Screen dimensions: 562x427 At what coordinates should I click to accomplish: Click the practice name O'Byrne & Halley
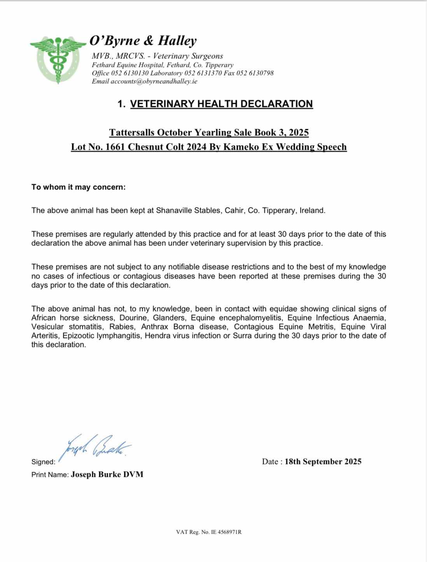point(143,40)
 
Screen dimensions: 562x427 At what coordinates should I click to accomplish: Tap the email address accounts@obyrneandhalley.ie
point(154,81)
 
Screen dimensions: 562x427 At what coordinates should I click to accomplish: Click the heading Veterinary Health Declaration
point(221,104)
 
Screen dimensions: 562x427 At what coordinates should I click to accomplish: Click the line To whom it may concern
point(79,187)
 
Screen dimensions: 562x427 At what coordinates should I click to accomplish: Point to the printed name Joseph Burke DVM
point(107,474)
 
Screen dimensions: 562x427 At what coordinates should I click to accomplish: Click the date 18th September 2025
point(323,462)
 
